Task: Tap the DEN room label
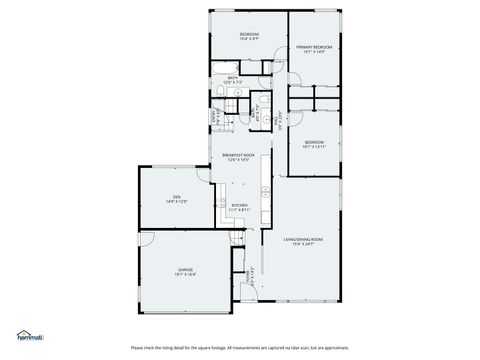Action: [176, 196]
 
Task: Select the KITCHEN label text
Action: [239, 204]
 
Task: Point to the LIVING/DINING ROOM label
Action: [302, 238]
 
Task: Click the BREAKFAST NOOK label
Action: [239, 155]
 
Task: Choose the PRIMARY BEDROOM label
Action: [314, 47]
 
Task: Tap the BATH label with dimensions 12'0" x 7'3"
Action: [232, 77]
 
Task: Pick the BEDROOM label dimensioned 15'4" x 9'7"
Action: [249, 35]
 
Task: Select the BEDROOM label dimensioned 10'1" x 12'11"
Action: [314, 142]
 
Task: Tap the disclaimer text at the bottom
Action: [240, 346]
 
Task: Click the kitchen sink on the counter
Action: [262, 189]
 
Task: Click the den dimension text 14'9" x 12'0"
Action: [176, 202]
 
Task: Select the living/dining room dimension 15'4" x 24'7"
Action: [302, 244]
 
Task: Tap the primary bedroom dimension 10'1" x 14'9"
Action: [314, 53]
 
